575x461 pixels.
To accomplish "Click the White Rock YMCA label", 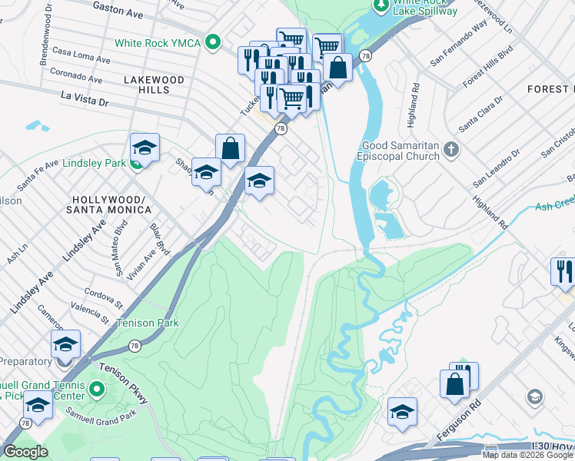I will (158, 43).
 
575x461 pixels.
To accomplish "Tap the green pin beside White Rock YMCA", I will (214, 43).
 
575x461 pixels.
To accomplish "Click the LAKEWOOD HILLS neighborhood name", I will (153, 85).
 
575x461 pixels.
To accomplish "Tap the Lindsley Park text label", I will (95, 163).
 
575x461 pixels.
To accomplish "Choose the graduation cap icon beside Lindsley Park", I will (144, 147).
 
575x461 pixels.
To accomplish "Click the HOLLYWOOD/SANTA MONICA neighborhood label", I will (108, 204).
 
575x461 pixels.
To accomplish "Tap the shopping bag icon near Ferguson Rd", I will (454, 383).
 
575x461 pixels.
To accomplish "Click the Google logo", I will (25, 452).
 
